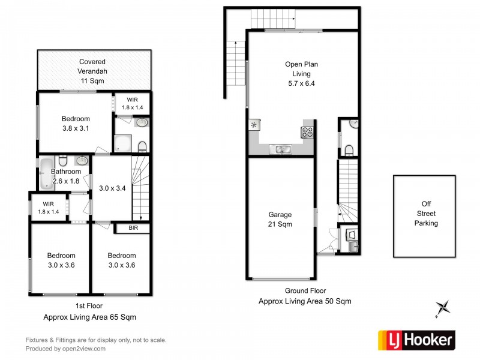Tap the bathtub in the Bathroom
(46, 173)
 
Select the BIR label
(133, 228)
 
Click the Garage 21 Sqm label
(280, 219)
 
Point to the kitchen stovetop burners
(307, 133)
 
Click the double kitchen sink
(280, 149)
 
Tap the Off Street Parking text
(426, 214)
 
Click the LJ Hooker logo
(416, 340)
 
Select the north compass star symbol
(443, 308)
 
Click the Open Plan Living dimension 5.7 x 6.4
(301, 83)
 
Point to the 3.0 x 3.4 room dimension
(112, 188)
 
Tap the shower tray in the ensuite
(123, 143)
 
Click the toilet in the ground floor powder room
(349, 151)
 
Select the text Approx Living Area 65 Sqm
(89, 317)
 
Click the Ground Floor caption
(305, 290)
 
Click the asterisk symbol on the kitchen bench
(253, 125)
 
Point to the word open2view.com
(84, 349)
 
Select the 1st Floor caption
(89, 305)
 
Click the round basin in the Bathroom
(82, 160)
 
